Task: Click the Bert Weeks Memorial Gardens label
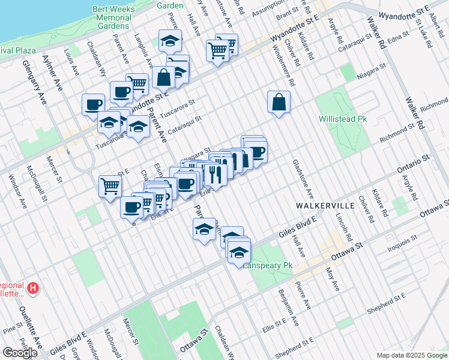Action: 112,17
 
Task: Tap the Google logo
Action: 20,353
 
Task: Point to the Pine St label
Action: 11,329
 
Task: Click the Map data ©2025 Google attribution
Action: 412,355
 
